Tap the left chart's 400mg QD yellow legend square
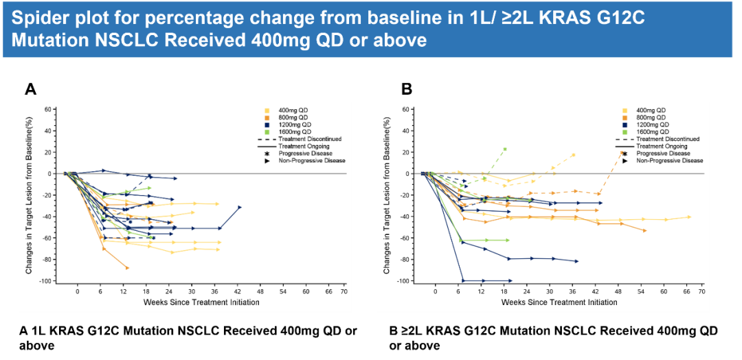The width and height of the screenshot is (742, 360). pyautogui.click(x=267, y=110)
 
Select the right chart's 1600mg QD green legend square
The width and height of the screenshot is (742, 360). pyautogui.click(x=625, y=131)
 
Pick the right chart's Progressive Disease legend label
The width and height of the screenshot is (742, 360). pyautogui.click(x=664, y=153)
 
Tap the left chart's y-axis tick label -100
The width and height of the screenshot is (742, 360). pyautogui.click(x=46, y=281)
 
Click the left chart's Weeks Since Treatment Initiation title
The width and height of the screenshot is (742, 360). pyautogui.click(x=201, y=302)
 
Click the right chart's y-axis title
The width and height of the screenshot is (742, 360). pyautogui.click(x=388, y=195)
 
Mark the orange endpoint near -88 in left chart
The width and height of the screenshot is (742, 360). pyautogui.click(x=127, y=267)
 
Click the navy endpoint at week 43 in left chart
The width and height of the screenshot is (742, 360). pyautogui.click(x=240, y=207)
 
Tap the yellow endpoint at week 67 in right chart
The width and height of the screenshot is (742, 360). pyautogui.click(x=689, y=217)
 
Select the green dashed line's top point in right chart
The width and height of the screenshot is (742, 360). pyautogui.click(x=505, y=149)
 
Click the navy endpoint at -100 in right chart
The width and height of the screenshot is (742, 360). pyautogui.click(x=510, y=280)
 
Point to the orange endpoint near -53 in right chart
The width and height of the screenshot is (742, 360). pyautogui.click(x=644, y=230)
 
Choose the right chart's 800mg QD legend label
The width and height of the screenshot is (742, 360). pyautogui.click(x=651, y=117)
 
